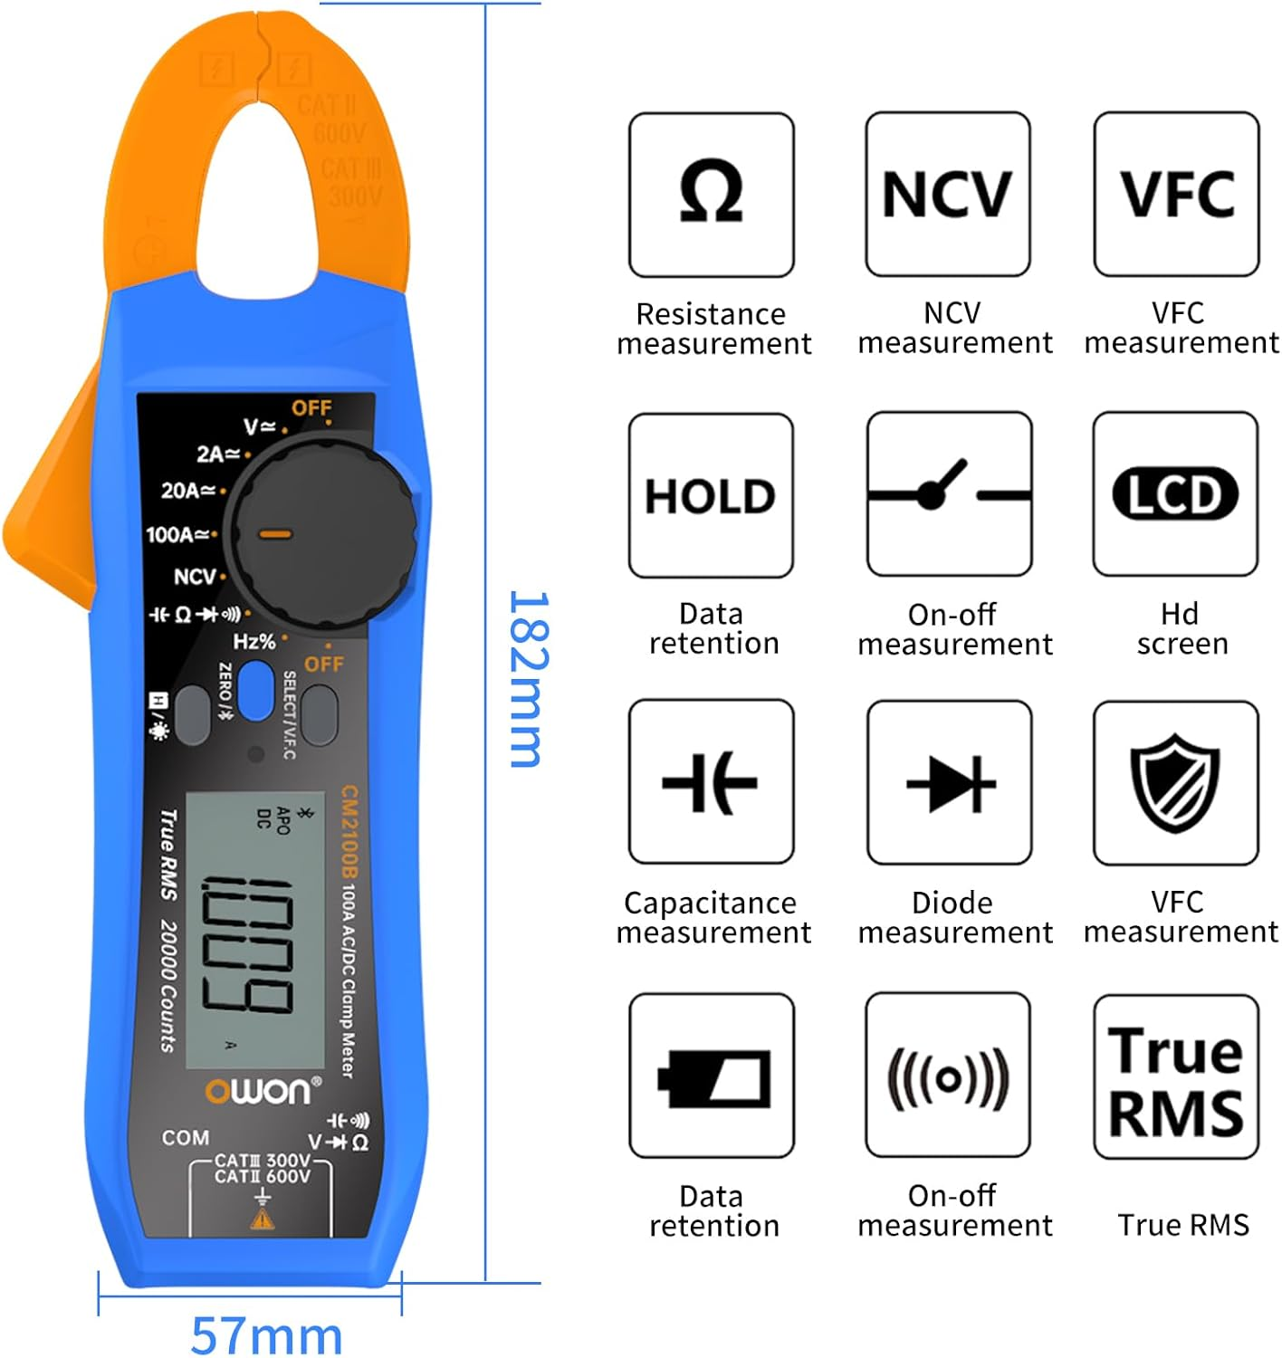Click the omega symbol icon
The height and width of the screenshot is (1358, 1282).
[712, 193]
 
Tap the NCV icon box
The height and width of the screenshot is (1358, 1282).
[947, 194]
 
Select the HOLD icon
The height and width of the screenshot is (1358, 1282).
[711, 496]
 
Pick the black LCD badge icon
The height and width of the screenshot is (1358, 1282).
[1175, 494]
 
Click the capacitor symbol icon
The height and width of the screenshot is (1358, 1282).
[711, 782]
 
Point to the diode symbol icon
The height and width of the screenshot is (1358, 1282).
[950, 783]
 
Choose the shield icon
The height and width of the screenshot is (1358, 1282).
[1175, 783]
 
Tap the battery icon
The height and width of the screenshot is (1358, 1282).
[713, 1077]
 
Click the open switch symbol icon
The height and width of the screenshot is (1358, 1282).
[949, 494]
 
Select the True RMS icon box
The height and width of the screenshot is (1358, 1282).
[1175, 1077]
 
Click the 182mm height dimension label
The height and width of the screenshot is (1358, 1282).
[528, 679]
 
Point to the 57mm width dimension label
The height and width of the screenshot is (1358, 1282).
[267, 1334]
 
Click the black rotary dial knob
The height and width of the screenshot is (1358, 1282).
[322, 534]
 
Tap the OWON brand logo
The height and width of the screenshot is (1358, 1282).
[263, 1090]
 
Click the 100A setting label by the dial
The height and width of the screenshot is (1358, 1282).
[178, 535]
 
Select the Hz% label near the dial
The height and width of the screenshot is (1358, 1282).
[254, 642]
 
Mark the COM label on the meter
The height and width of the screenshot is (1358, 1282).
[185, 1138]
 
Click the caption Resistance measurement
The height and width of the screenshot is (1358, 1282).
[713, 329]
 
